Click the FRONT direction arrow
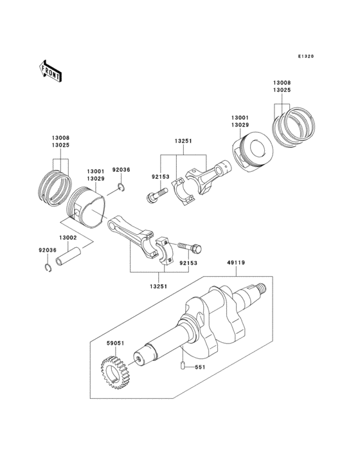click(51, 70)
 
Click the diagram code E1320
click(305, 57)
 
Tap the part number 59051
click(115, 344)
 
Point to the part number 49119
click(235, 263)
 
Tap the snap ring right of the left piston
click(121, 188)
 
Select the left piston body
click(87, 208)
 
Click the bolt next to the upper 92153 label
click(155, 195)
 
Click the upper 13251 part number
click(182, 140)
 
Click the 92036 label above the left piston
click(121, 169)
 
